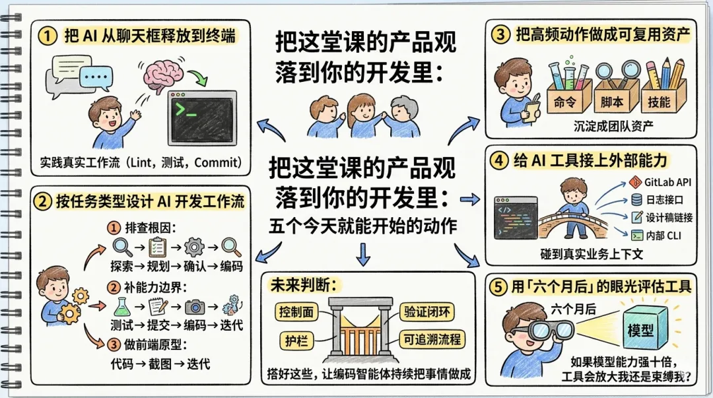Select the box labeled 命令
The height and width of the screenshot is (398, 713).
565,102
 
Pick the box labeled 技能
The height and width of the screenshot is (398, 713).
658,102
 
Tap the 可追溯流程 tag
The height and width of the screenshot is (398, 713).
432,341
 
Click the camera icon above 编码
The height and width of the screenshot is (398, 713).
195,306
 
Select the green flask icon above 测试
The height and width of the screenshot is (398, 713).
120,306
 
